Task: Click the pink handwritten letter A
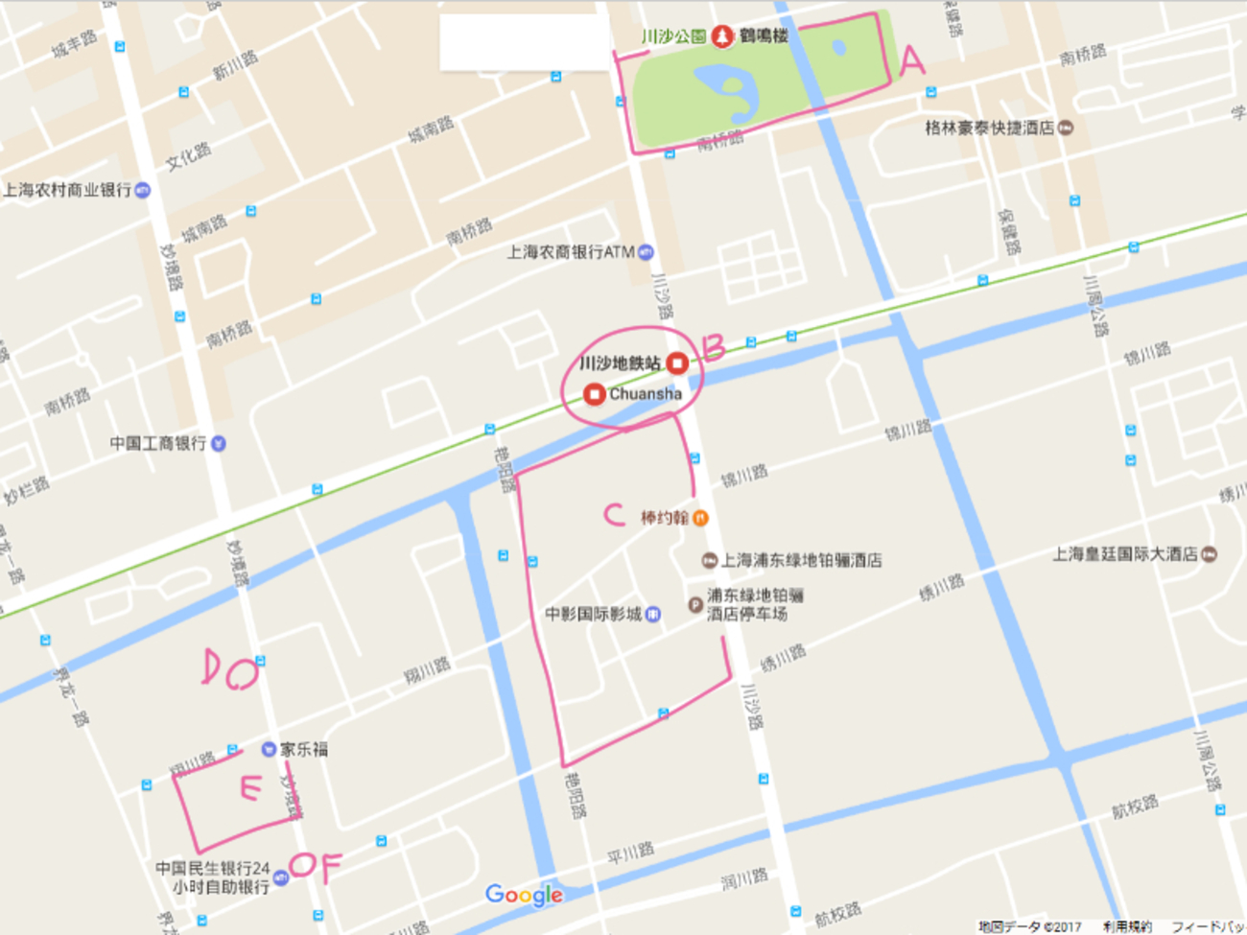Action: (x=911, y=61)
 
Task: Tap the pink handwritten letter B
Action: (x=713, y=346)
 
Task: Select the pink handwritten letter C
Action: (x=614, y=515)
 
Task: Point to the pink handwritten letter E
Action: (x=249, y=788)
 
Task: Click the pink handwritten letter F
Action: (x=330, y=867)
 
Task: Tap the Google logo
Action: (x=524, y=895)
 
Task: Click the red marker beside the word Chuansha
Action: (x=594, y=394)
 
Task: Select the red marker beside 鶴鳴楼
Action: (x=721, y=36)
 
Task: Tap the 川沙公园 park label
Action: (x=673, y=36)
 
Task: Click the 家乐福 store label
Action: (x=303, y=749)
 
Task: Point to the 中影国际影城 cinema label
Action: (x=593, y=614)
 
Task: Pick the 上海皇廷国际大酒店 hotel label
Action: (x=1124, y=554)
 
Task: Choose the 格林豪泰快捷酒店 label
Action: (x=989, y=128)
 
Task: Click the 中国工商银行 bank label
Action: (x=158, y=443)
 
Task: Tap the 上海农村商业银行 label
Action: (x=67, y=190)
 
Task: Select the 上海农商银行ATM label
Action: (x=571, y=252)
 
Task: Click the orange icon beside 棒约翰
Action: (x=700, y=518)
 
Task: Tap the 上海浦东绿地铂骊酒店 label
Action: (x=801, y=560)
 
